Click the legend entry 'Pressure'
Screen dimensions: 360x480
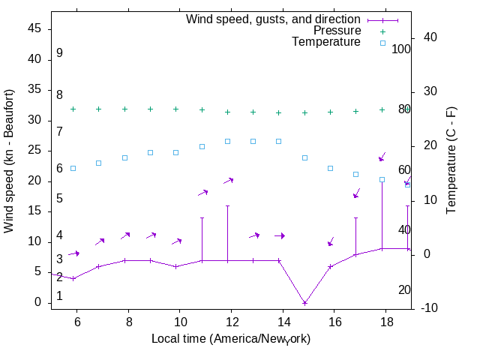point(337,31)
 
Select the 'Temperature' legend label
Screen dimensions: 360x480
point(326,42)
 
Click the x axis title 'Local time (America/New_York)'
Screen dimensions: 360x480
point(231,339)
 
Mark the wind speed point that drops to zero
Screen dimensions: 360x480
point(304,303)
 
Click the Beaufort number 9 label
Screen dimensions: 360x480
point(59,53)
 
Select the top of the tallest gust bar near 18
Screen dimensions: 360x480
point(382,182)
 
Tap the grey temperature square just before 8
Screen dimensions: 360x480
point(124,158)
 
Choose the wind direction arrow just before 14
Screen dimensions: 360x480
point(280,235)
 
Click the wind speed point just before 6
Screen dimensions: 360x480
point(73,278)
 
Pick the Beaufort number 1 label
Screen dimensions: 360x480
point(59,296)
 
